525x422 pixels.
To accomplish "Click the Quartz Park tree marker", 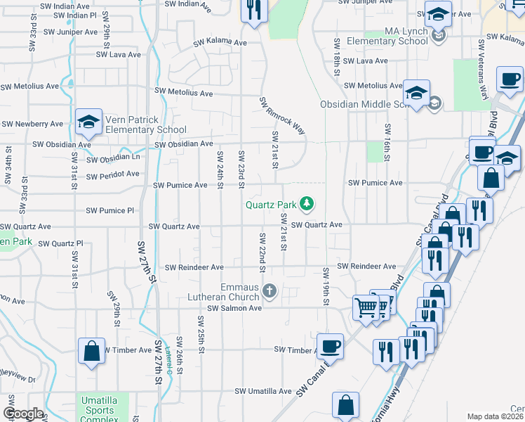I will pos(306,205).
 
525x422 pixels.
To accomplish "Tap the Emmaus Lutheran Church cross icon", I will pos(269,290).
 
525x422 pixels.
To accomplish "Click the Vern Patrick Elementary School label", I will pos(146,124).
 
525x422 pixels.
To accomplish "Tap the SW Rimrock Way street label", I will pos(283,116).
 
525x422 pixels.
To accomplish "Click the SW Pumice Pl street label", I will pos(109,210).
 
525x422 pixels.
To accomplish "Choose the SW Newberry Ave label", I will pos(32,124).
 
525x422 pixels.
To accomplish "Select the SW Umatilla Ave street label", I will pos(262,391).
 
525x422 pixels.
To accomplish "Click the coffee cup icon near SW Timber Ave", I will pos(330,345).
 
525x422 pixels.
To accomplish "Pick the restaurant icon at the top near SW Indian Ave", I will pos(253,10).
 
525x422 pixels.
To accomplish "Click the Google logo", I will pos(23,414).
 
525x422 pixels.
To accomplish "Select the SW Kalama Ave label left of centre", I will pos(221,42).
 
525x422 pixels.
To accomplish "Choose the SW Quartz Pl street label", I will pos(60,243).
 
